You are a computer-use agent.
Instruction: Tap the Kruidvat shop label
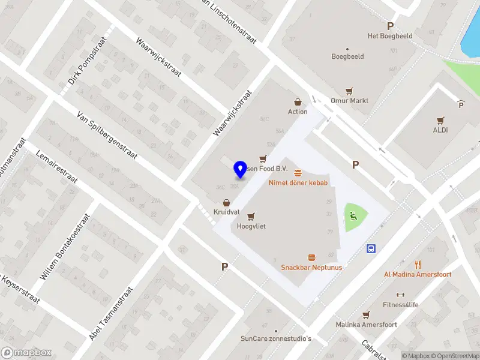point(227,212)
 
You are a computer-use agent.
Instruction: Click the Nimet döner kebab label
point(298,182)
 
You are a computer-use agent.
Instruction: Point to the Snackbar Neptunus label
point(311,267)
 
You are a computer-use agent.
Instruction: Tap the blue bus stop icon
point(371,248)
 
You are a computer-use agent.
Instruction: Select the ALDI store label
point(441,129)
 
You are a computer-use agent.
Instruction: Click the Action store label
point(298,111)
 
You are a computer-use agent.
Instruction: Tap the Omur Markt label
point(349,100)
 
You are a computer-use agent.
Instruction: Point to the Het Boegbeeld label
point(390,35)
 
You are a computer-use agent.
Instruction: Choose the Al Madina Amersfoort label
point(418,274)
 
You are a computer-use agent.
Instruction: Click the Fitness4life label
point(401,304)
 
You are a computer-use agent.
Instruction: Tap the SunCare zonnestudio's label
point(277,338)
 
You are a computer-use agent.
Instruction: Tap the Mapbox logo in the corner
point(26,352)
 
